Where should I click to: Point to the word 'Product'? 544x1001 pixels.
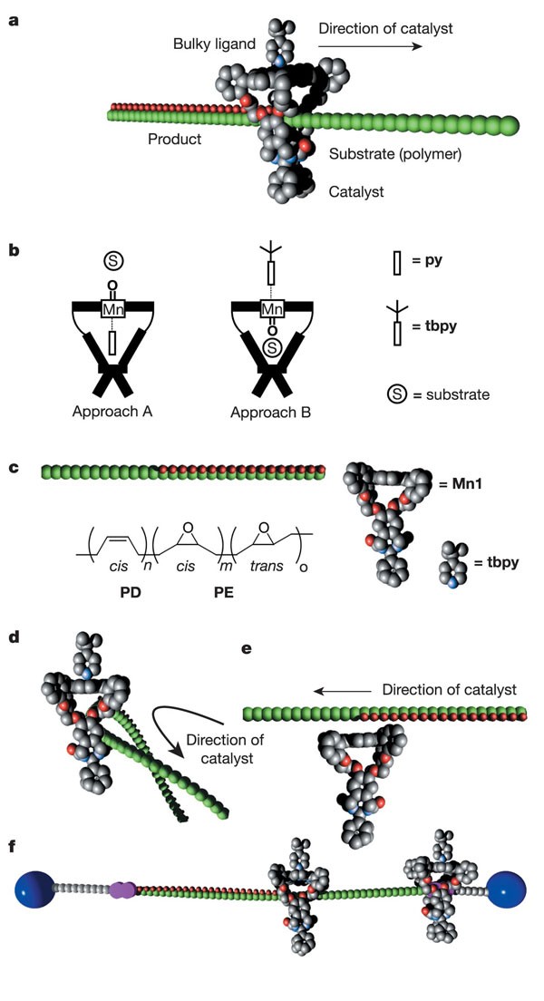click(x=176, y=139)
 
